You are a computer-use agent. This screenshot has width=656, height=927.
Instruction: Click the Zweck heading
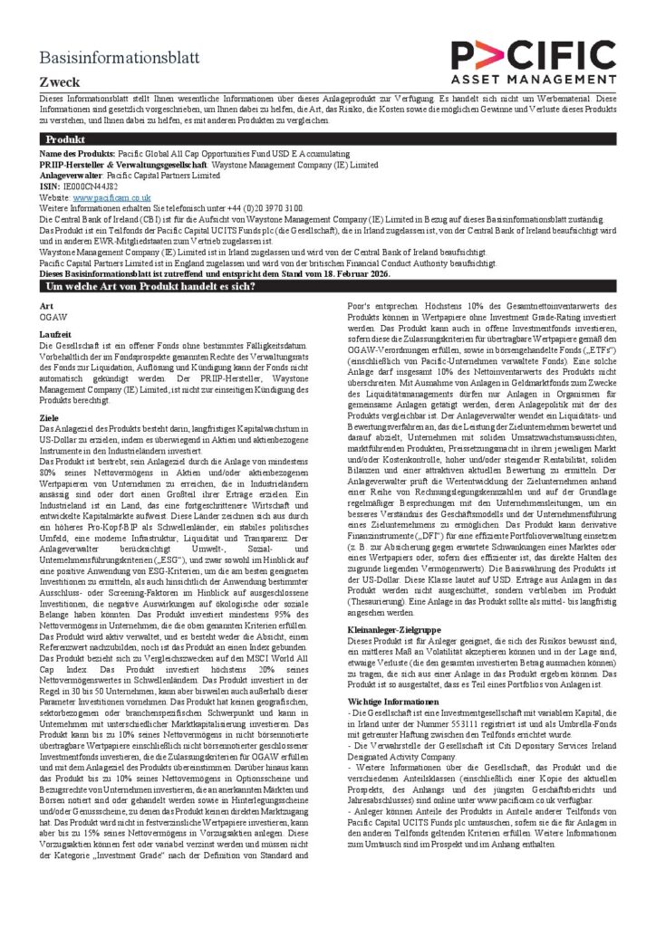[60, 82]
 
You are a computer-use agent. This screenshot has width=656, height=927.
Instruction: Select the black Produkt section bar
[328, 140]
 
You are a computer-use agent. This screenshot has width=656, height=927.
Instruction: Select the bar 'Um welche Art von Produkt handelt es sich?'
[328, 286]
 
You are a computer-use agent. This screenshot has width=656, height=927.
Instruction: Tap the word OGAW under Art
[53, 318]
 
